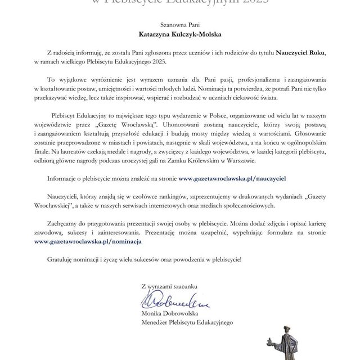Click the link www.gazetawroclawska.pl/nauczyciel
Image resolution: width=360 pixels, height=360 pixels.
tap(233, 177)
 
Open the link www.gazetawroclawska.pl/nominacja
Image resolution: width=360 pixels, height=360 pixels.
tap(87, 241)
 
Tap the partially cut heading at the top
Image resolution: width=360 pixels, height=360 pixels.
tap(179, 3)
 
